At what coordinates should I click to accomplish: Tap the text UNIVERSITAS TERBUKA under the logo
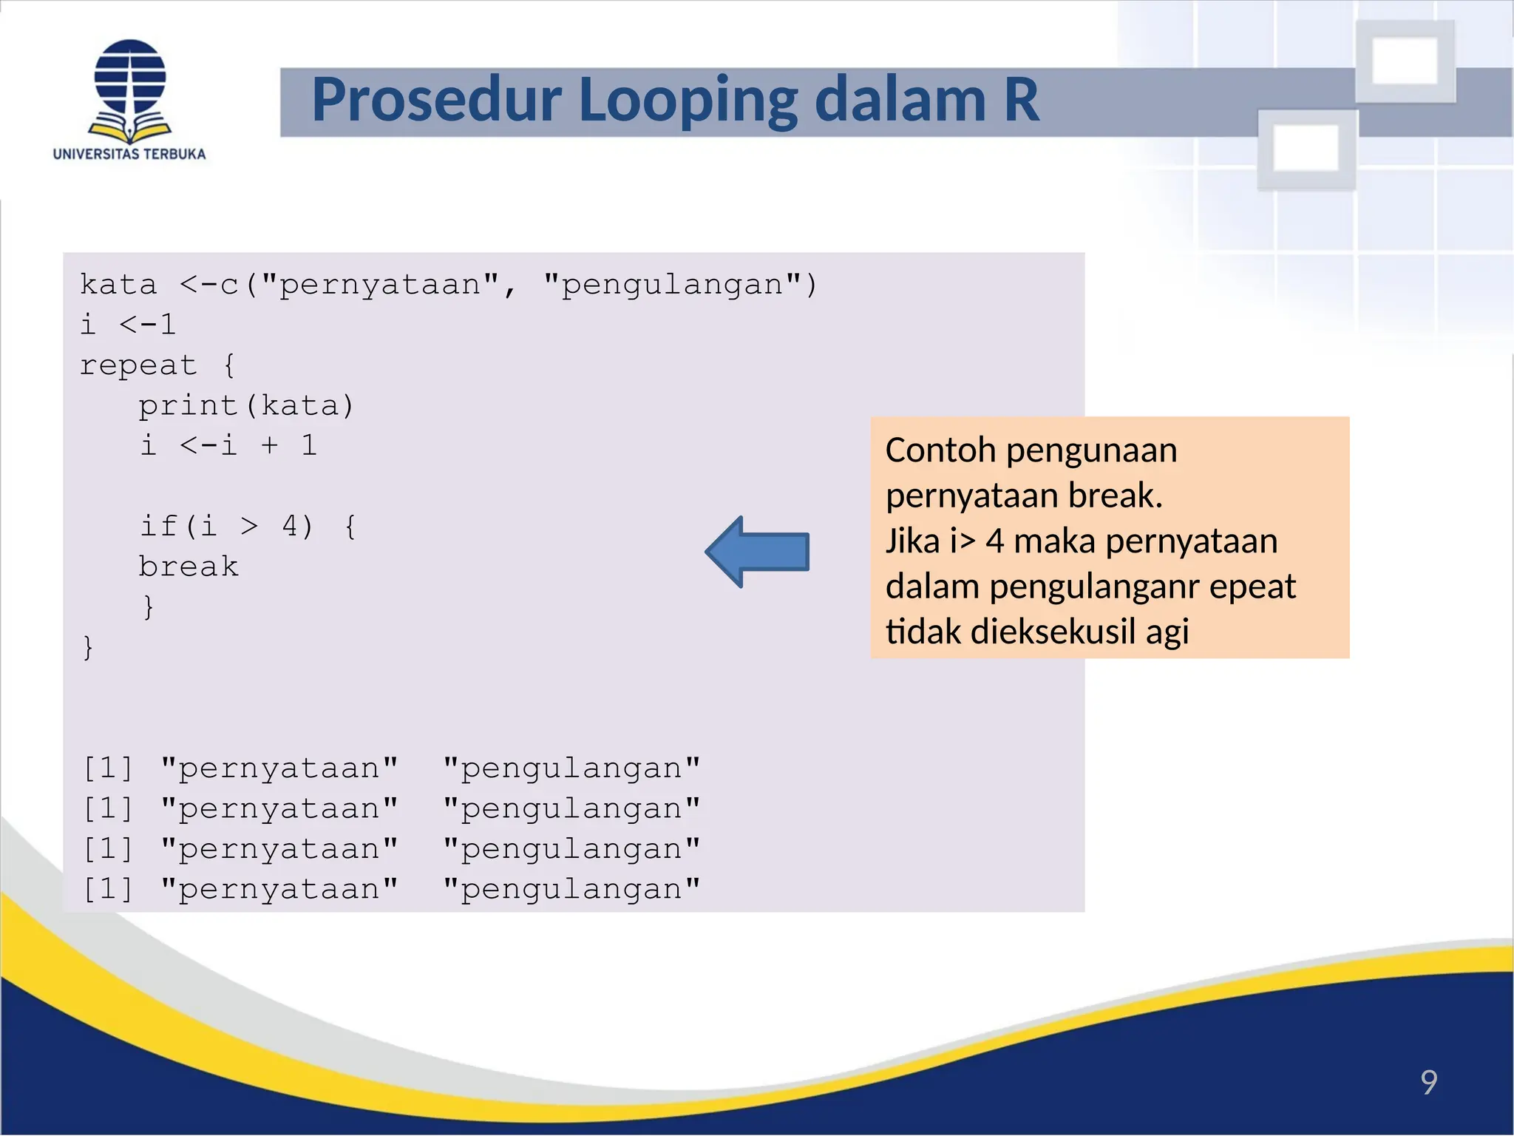coord(129,155)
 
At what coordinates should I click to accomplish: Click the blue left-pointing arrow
coord(757,552)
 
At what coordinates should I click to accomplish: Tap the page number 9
coord(1428,1083)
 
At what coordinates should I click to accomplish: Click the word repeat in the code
coord(138,366)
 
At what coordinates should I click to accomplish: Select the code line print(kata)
coord(246,406)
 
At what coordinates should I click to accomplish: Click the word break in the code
coord(189,567)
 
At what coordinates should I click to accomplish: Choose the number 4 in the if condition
coord(291,527)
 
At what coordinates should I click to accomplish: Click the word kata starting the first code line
coord(118,285)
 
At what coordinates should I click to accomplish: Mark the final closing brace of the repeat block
coord(88,648)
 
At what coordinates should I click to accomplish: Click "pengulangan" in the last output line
coord(571,890)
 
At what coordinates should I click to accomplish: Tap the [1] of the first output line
coord(108,769)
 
